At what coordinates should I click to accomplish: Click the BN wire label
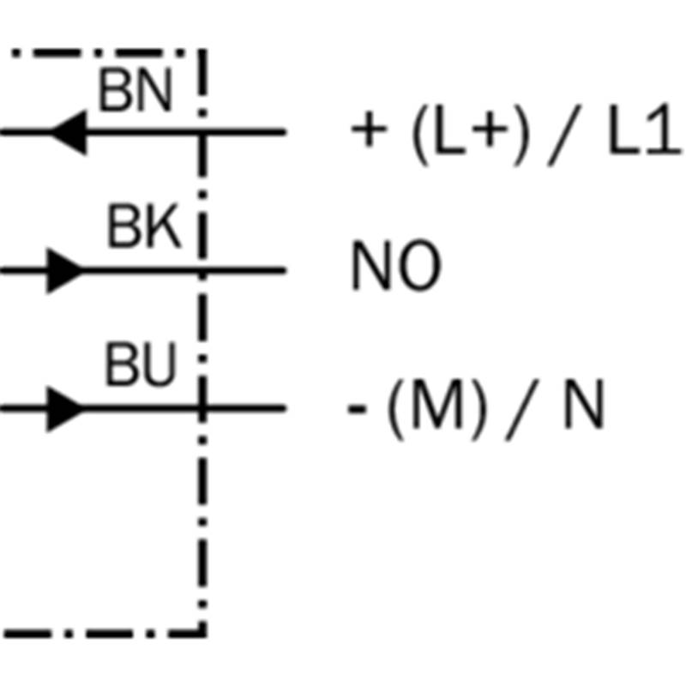[x=135, y=90]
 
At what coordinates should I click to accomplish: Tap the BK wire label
[x=144, y=226]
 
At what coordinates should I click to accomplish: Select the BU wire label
[x=141, y=364]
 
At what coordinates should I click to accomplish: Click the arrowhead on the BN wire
[x=69, y=132]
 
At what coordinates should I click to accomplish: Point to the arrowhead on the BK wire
[x=65, y=271]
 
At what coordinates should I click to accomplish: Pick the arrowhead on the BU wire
[x=65, y=409]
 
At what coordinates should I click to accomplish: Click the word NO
[x=396, y=265]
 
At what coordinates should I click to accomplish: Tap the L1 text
[x=645, y=129]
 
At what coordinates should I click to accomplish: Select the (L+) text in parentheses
[x=471, y=135]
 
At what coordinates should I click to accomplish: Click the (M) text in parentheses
[x=437, y=410]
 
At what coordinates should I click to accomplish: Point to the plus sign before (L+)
[x=370, y=129]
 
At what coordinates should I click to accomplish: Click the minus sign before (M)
[x=357, y=410]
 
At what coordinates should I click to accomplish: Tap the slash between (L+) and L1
[x=564, y=135]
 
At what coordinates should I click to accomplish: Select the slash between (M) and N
[x=522, y=410]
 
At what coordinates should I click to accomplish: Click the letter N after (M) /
[x=585, y=404]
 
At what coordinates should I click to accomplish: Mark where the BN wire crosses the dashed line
[x=202, y=132]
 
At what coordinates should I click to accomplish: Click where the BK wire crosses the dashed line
[x=202, y=271]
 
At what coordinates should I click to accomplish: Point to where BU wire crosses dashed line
[x=202, y=409]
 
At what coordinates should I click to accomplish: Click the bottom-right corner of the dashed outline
[x=202, y=633]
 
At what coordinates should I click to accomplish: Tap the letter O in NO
[x=420, y=265]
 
